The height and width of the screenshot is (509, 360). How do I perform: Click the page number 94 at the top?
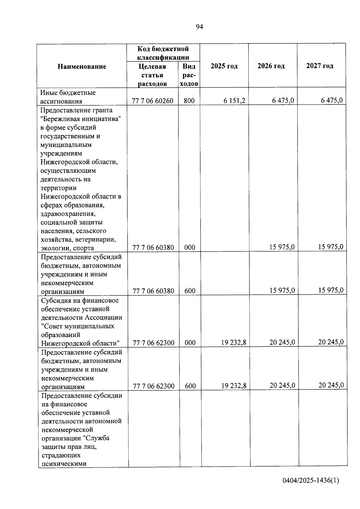pyautogui.click(x=199, y=27)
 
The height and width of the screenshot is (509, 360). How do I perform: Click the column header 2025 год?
pyautogui.click(x=224, y=66)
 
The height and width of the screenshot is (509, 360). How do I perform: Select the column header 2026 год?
pyautogui.click(x=271, y=66)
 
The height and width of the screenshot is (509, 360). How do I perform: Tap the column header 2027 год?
pyautogui.click(x=320, y=66)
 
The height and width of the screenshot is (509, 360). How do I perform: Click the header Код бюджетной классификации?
pyautogui.click(x=163, y=53)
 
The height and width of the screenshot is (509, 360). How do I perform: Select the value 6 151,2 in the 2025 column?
pyautogui.click(x=234, y=100)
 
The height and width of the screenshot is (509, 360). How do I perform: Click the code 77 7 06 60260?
pyautogui.click(x=153, y=101)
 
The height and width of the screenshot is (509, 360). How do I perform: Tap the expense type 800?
pyautogui.click(x=189, y=101)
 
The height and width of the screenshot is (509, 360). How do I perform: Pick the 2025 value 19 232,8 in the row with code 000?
pyautogui.click(x=234, y=342)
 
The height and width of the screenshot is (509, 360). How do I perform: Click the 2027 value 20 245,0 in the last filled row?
pyautogui.click(x=331, y=385)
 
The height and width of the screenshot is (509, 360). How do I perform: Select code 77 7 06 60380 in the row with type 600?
pyautogui.click(x=153, y=291)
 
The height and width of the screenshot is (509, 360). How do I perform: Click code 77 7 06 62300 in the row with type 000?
pyautogui.click(x=154, y=343)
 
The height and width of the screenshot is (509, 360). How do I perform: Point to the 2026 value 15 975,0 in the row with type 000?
pyautogui.click(x=282, y=247)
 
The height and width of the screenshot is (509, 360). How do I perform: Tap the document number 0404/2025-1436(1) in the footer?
pyautogui.click(x=311, y=480)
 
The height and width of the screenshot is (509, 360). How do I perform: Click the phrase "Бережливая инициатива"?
pyautogui.click(x=81, y=119)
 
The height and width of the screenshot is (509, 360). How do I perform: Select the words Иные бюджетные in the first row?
pyautogui.click(x=68, y=92)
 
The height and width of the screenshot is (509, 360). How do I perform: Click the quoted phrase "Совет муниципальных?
pyautogui.click(x=78, y=326)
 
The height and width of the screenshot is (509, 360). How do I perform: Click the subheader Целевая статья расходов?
pyautogui.click(x=152, y=75)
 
